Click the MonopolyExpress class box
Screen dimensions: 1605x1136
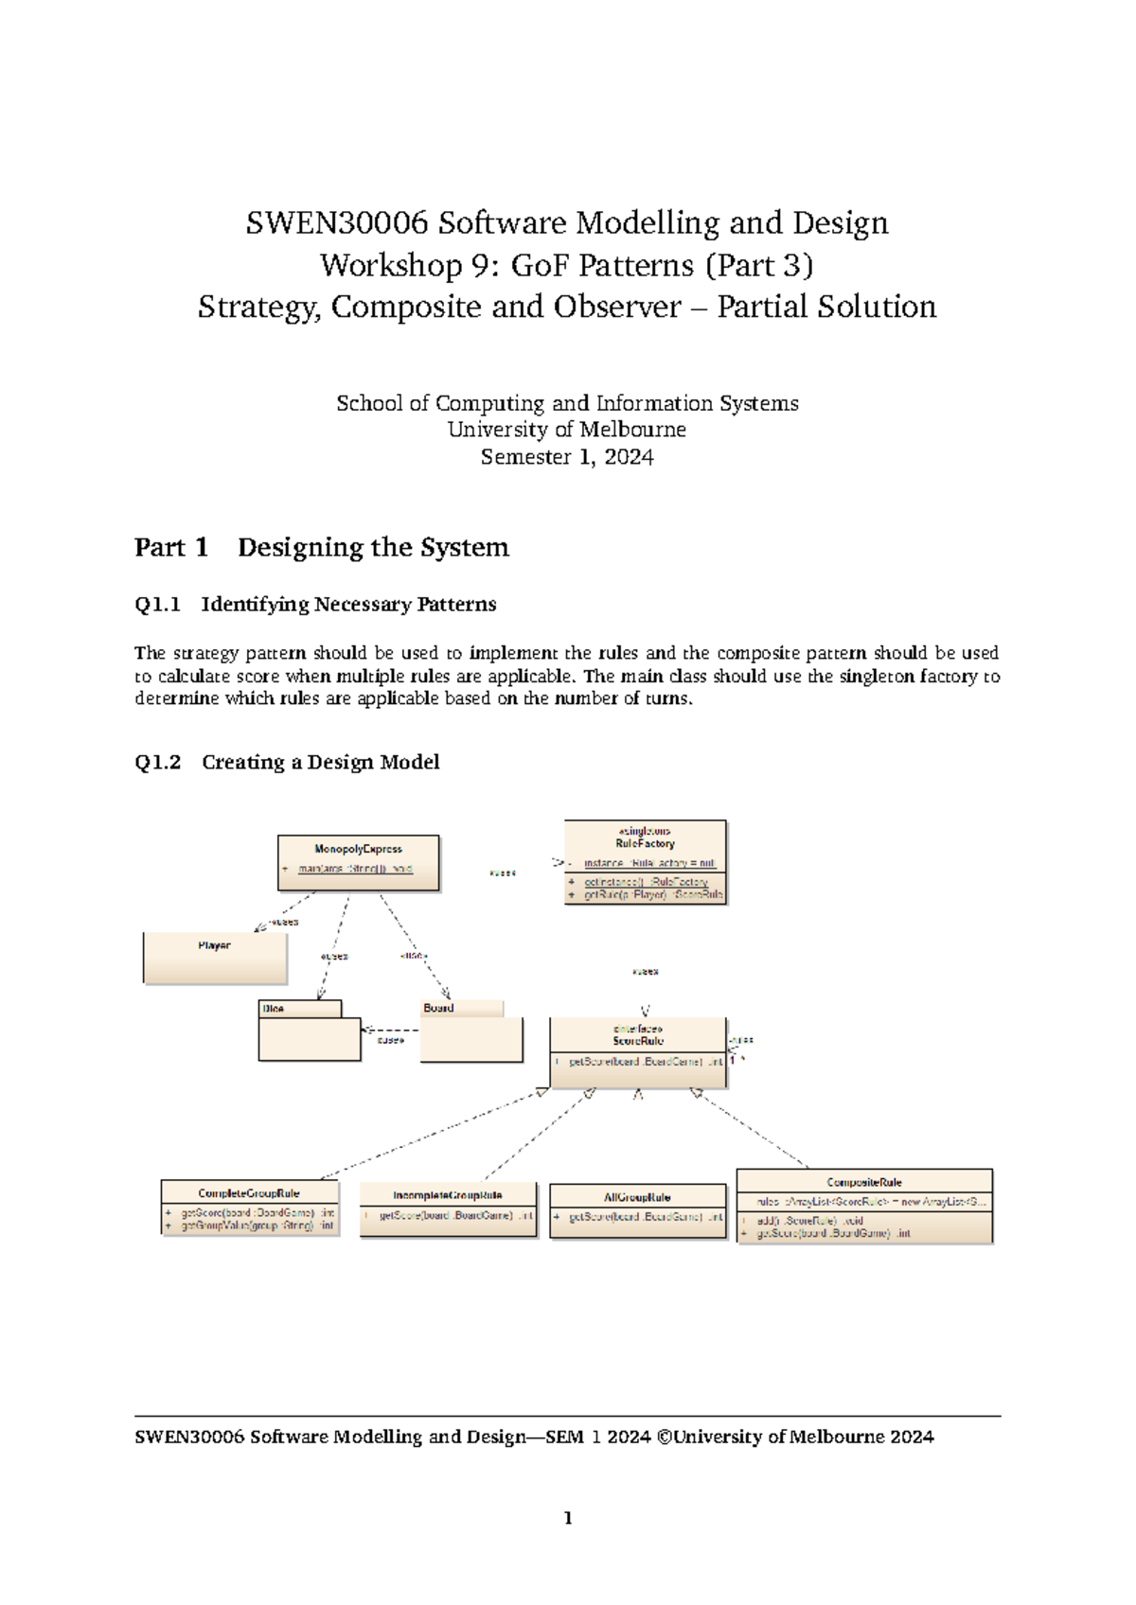tap(358, 862)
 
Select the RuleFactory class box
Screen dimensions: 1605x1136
tap(645, 862)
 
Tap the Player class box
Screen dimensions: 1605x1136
tap(215, 958)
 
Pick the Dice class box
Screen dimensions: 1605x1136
tap(309, 1032)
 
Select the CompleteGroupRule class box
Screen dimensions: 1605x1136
tap(249, 1208)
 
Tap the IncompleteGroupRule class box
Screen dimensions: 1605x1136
tap(448, 1208)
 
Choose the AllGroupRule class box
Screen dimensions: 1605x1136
tap(637, 1210)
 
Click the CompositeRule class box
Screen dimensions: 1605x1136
tap(863, 1206)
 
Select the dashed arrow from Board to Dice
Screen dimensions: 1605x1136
tap(391, 1030)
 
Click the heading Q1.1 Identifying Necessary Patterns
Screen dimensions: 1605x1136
tap(315, 605)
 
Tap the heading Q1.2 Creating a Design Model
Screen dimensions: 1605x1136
tap(287, 763)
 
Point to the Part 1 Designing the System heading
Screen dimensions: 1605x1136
tap(322, 548)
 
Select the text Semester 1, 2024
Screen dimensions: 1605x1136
tap(566, 458)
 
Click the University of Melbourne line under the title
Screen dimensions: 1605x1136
tap(566, 431)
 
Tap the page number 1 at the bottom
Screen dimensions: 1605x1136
tap(568, 1519)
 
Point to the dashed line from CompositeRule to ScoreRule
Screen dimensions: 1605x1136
tap(753, 1130)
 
